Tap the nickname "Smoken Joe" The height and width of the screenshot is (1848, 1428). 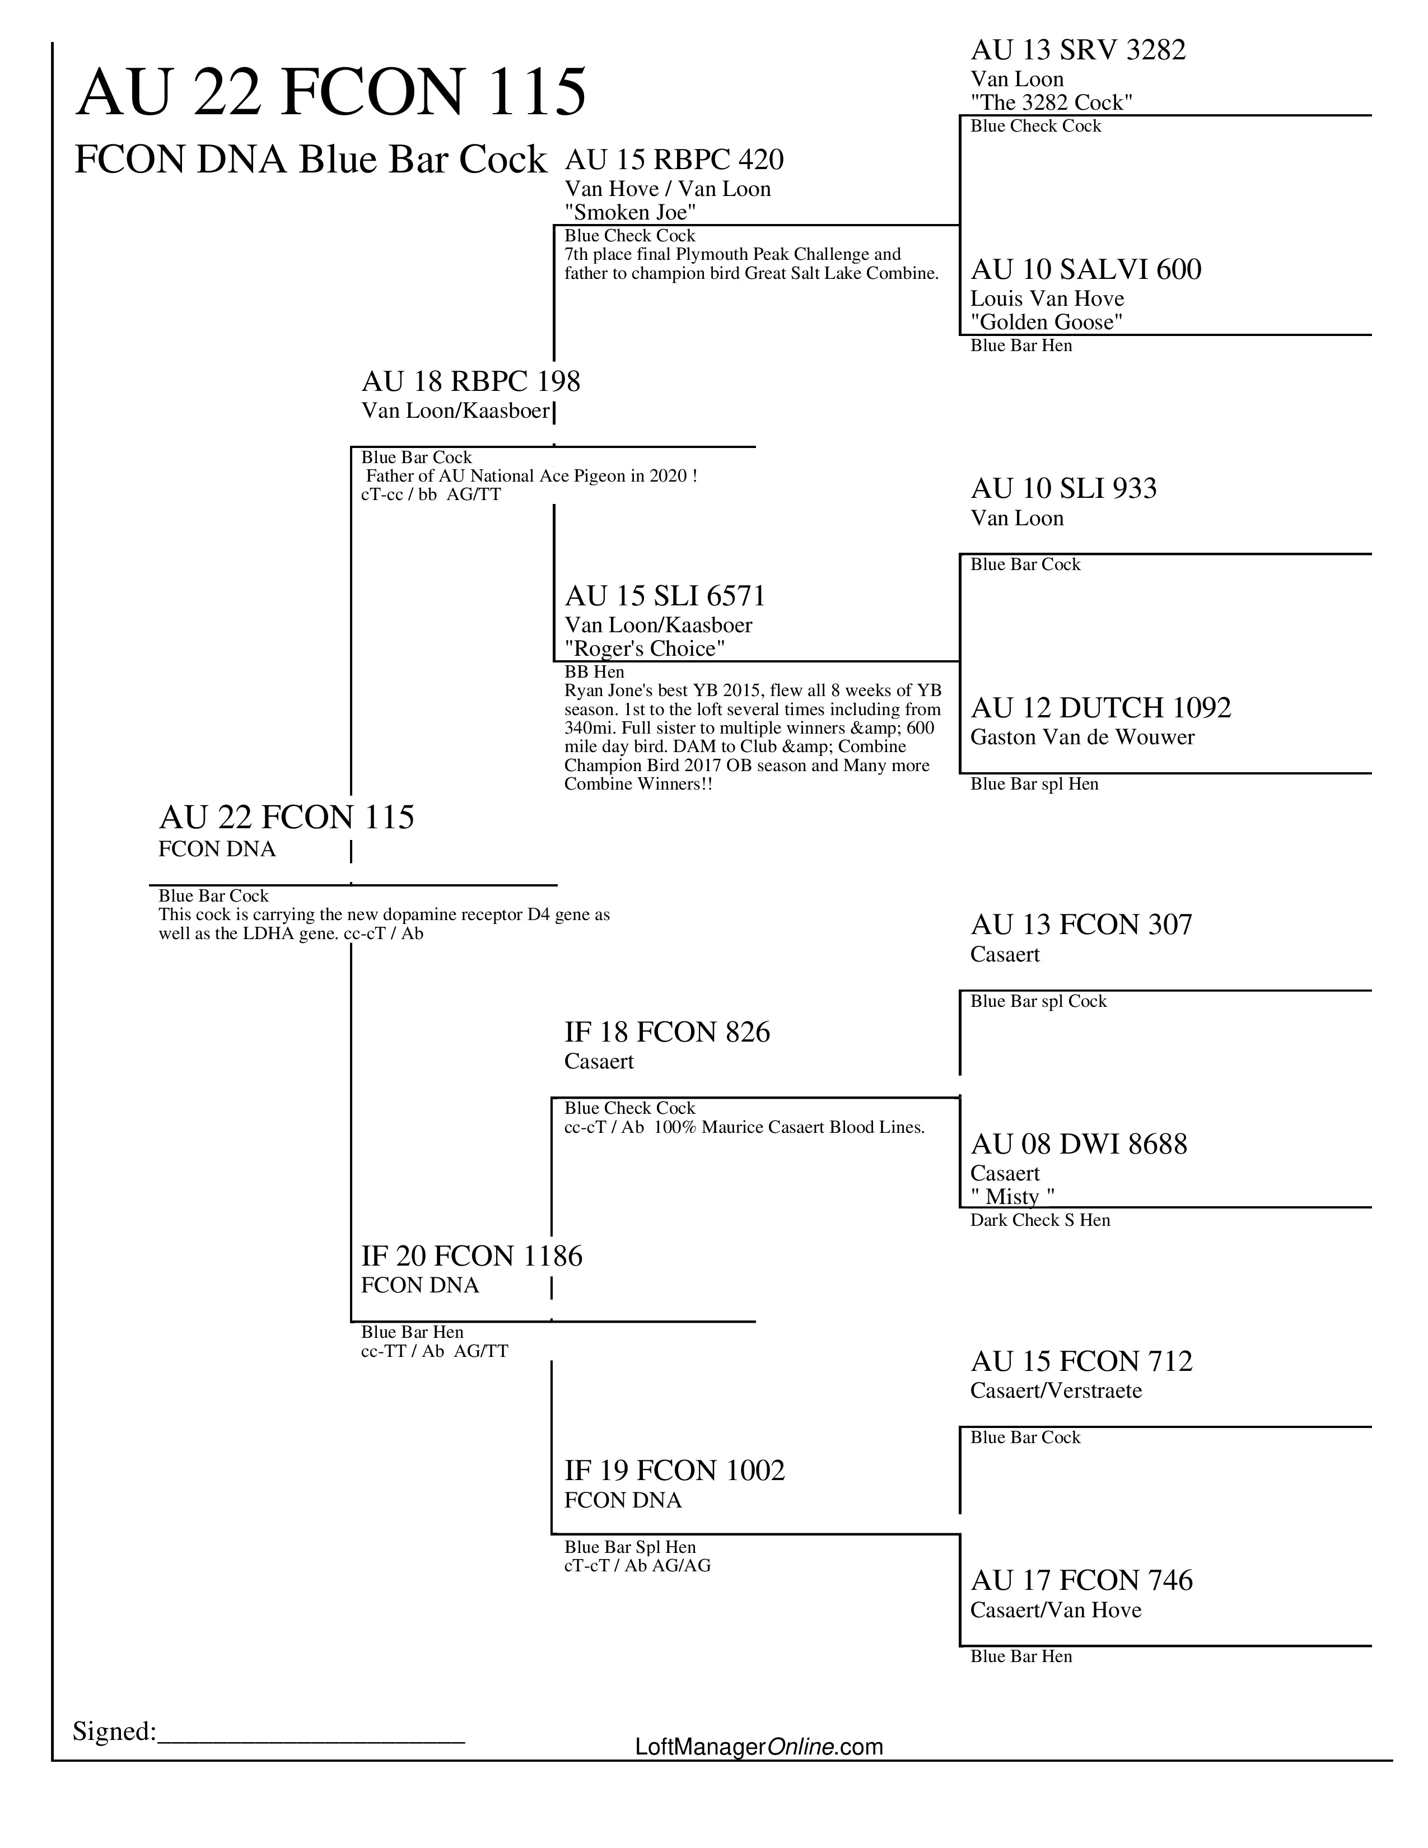point(630,212)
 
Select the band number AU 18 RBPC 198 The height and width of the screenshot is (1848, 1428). point(470,381)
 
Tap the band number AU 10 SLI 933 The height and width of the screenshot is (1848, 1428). point(1063,488)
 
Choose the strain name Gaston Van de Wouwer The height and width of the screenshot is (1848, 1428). point(1082,737)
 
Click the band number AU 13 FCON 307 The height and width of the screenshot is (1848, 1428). point(1081,925)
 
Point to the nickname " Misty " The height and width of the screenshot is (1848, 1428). point(1012,1197)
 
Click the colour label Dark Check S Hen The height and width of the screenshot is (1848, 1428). point(1040,1220)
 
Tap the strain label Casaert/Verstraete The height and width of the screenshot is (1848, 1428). point(1056,1390)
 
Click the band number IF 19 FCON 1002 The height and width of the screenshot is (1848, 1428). point(674,1471)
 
